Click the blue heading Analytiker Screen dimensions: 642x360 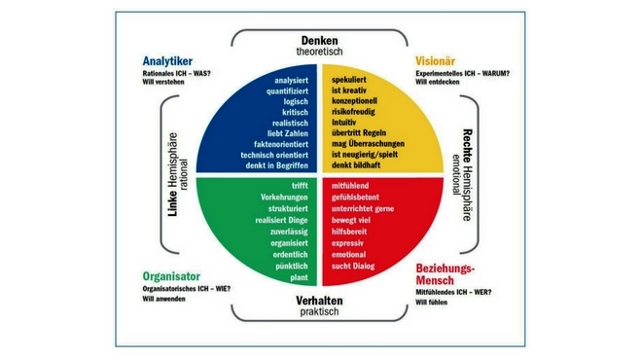[167, 61]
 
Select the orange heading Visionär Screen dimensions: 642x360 [435, 61]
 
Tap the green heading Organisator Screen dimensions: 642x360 [171, 276]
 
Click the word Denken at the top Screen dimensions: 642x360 [320, 41]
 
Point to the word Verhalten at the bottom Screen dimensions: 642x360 [319, 301]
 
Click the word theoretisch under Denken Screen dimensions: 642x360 [319, 52]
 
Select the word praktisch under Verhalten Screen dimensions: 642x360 [319, 311]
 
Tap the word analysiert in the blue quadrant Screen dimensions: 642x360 [291, 81]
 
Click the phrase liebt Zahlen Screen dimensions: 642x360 [287, 133]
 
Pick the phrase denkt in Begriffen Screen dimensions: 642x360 [277, 165]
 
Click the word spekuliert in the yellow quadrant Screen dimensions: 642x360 [349, 80]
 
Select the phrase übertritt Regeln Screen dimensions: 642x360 [359, 132]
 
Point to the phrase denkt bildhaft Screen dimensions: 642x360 [356, 165]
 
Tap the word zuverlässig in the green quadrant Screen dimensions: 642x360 [289, 232]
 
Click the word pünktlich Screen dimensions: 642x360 [292, 267]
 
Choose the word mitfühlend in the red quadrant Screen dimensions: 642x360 [350, 186]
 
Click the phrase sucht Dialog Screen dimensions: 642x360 [353, 267]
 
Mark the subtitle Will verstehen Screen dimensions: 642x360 [163, 82]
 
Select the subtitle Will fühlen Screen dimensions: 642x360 [432, 303]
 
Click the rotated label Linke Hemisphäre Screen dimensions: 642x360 [173, 174]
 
